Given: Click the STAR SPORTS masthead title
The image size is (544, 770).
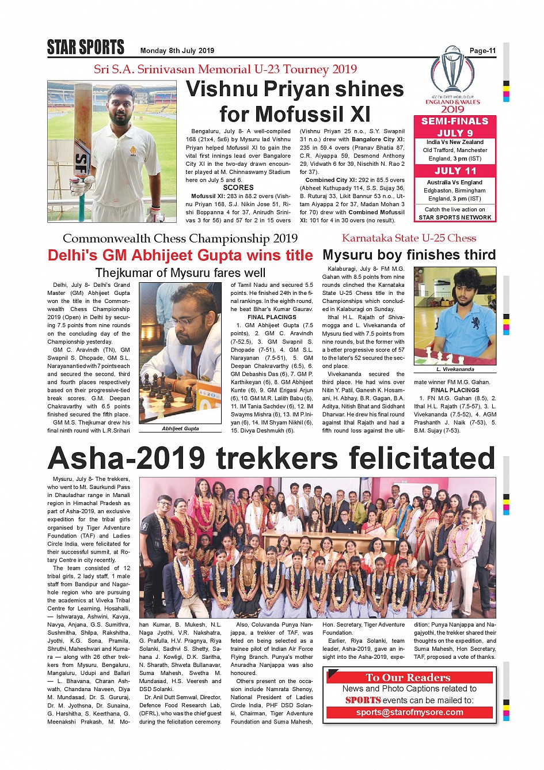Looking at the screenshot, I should point(85,47).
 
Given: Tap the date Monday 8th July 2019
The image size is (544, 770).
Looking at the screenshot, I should point(177,51).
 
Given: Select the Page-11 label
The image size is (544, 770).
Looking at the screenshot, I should point(482,51).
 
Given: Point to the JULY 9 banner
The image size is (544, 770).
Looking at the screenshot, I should point(454,133).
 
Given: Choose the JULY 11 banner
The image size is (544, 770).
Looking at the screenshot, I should point(455,171).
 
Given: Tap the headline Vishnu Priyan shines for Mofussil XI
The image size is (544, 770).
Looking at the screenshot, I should point(295,101).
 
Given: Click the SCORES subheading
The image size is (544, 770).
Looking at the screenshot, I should point(238,188).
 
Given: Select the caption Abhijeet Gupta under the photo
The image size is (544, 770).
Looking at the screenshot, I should point(180,428).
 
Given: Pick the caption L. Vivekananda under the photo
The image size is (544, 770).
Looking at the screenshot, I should point(455,369).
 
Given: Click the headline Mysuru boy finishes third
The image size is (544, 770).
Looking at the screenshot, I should point(409,255).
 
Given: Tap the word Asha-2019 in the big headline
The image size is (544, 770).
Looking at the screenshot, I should point(126,458).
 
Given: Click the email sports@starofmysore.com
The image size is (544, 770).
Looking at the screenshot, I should point(409,712).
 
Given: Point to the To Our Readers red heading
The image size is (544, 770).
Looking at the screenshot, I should point(408,677).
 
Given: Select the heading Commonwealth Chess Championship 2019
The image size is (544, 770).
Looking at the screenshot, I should point(180,238).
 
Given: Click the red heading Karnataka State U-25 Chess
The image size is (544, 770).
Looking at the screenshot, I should point(409,238).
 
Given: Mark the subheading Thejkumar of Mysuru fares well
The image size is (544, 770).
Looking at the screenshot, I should point(180,273).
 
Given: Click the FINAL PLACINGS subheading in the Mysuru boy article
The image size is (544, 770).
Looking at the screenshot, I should point(455,390).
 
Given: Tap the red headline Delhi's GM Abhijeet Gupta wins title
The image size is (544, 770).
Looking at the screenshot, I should point(180,256).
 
